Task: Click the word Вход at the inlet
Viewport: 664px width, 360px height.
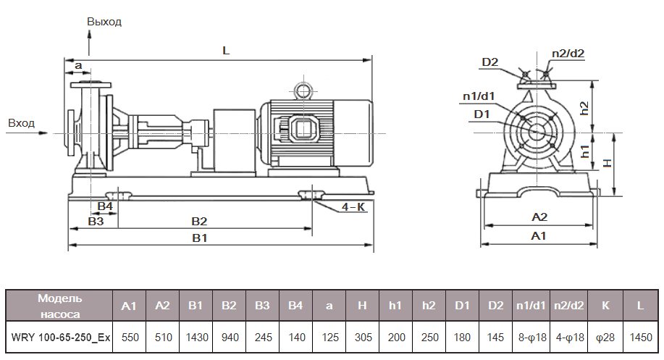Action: (x=21, y=123)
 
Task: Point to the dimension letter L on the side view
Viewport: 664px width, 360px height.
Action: (x=226, y=51)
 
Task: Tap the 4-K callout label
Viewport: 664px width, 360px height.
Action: (x=353, y=206)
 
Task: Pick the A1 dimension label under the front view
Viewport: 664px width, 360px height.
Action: (x=538, y=236)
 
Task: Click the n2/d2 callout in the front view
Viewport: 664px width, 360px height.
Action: (x=568, y=53)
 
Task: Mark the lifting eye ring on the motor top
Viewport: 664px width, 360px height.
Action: (x=301, y=91)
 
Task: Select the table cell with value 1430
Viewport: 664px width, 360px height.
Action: (x=196, y=338)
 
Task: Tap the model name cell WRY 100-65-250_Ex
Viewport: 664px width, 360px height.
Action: (x=60, y=338)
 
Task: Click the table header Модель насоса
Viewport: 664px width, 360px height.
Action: (x=60, y=306)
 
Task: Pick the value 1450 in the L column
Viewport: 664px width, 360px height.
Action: (x=640, y=338)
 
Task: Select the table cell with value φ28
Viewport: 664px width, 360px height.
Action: (x=605, y=338)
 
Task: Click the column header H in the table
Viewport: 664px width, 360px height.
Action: (x=362, y=306)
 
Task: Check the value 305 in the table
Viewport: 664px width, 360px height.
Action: (x=362, y=338)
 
